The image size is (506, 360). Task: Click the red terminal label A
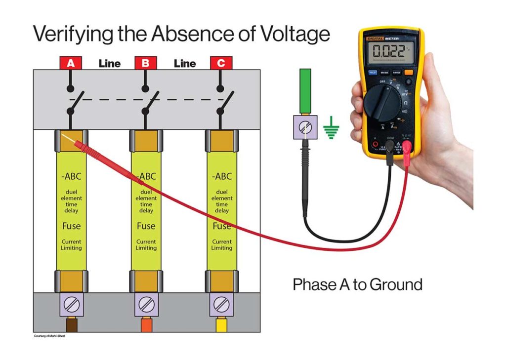point(71,63)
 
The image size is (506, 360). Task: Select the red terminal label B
point(145,63)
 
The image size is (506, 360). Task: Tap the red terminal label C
point(220,63)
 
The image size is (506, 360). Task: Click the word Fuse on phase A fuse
point(71,226)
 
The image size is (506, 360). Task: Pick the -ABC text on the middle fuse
point(146,176)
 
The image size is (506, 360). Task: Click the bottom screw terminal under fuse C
point(220,304)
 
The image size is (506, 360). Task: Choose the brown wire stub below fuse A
point(71,326)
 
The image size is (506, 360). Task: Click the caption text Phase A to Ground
point(357,284)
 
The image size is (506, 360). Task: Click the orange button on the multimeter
point(408,73)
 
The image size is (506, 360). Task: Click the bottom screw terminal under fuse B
point(146,304)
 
